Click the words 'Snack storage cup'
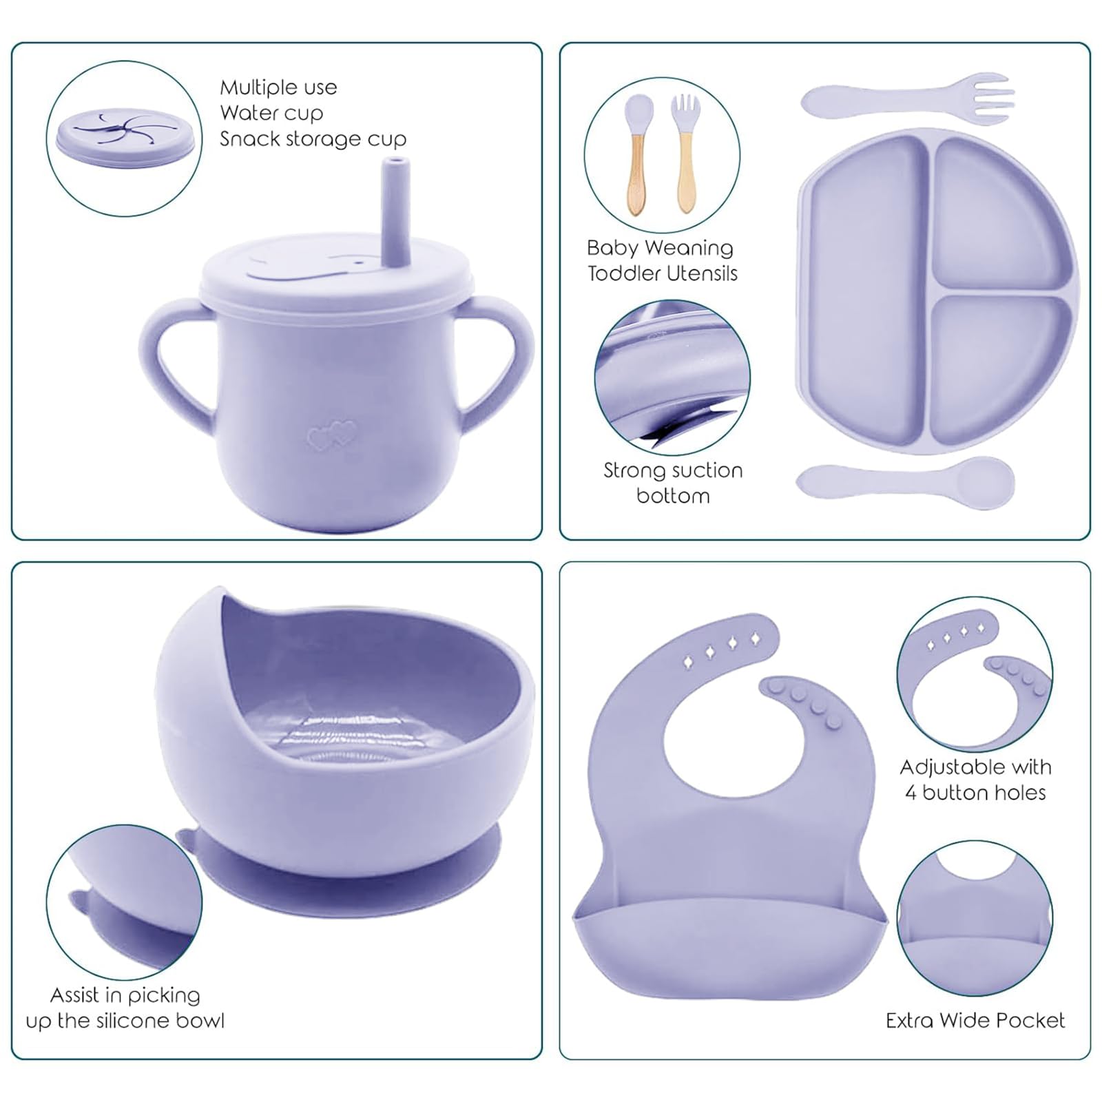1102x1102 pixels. tap(313, 139)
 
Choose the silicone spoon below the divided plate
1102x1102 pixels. tap(905, 483)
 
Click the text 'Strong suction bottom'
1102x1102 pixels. tap(673, 483)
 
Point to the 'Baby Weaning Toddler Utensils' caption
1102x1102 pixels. tap(662, 260)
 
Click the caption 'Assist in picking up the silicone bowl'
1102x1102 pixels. tap(125, 1008)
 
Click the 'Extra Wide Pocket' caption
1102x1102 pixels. tap(975, 1020)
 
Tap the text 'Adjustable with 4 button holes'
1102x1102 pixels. tap(975, 780)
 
